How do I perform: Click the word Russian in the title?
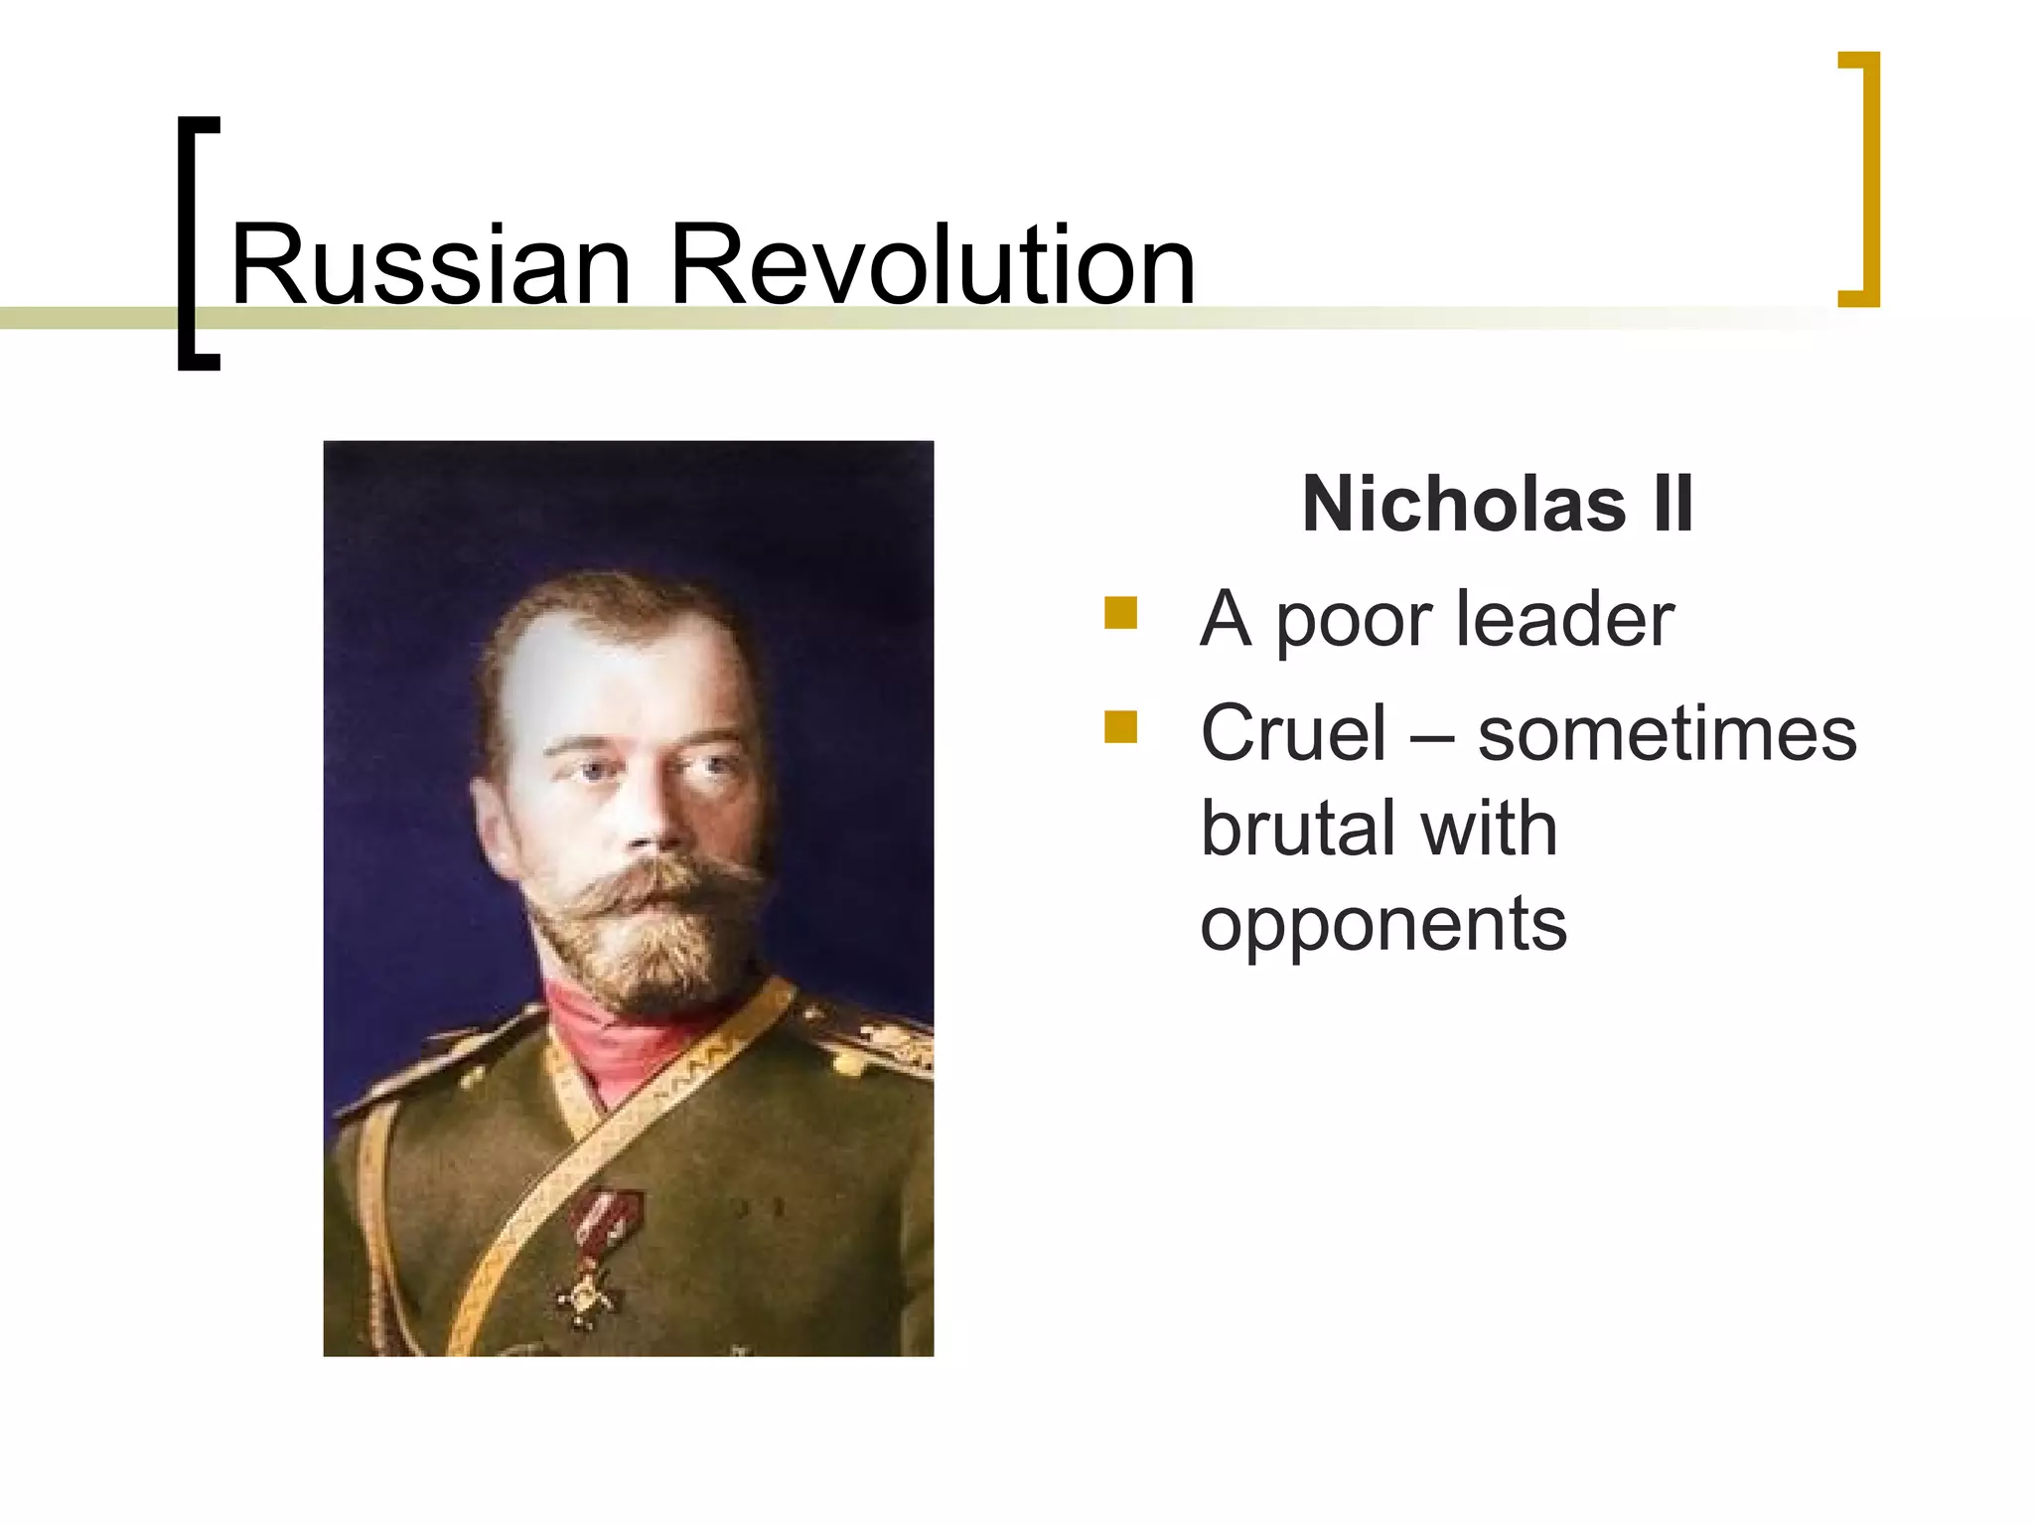430,266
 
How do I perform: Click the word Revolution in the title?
933,266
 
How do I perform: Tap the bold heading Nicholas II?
1497,505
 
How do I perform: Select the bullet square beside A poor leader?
1120,613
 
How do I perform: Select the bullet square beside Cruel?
1120,727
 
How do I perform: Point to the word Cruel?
1293,734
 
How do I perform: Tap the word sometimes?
1667,734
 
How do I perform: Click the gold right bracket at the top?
1859,179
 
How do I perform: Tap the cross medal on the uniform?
589,1292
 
